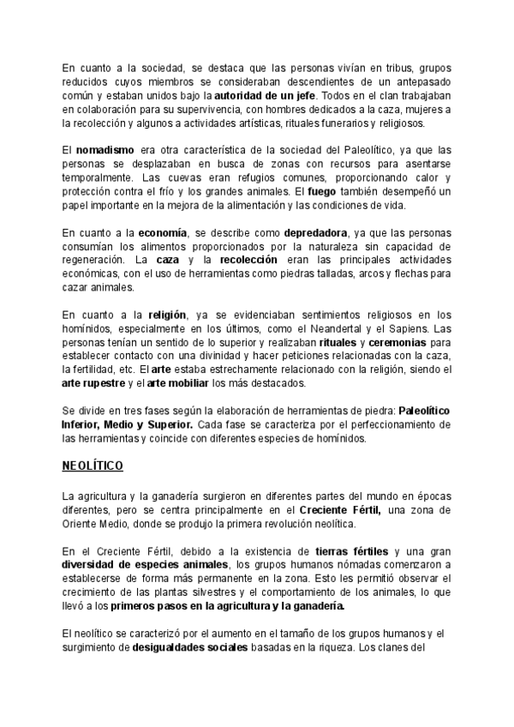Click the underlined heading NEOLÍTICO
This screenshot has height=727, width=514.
(93, 466)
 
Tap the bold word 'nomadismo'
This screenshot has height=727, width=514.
(104, 150)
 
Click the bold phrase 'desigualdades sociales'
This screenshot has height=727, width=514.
(188, 648)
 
